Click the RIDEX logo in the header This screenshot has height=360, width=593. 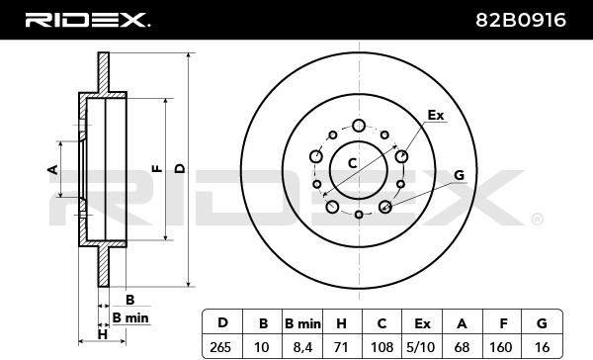click(x=87, y=20)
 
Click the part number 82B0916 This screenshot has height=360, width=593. click(x=521, y=20)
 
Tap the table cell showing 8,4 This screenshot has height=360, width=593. click(x=302, y=347)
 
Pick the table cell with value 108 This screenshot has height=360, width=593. click(x=381, y=347)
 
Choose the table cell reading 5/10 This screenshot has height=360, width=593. click(x=422, y=347)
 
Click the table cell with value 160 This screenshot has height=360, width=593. click(x=502, y=347)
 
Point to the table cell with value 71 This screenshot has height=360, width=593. click(x=342, y=347)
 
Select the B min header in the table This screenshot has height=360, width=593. click(x=302, y=323)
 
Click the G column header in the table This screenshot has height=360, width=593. click(x=542, y=323)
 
